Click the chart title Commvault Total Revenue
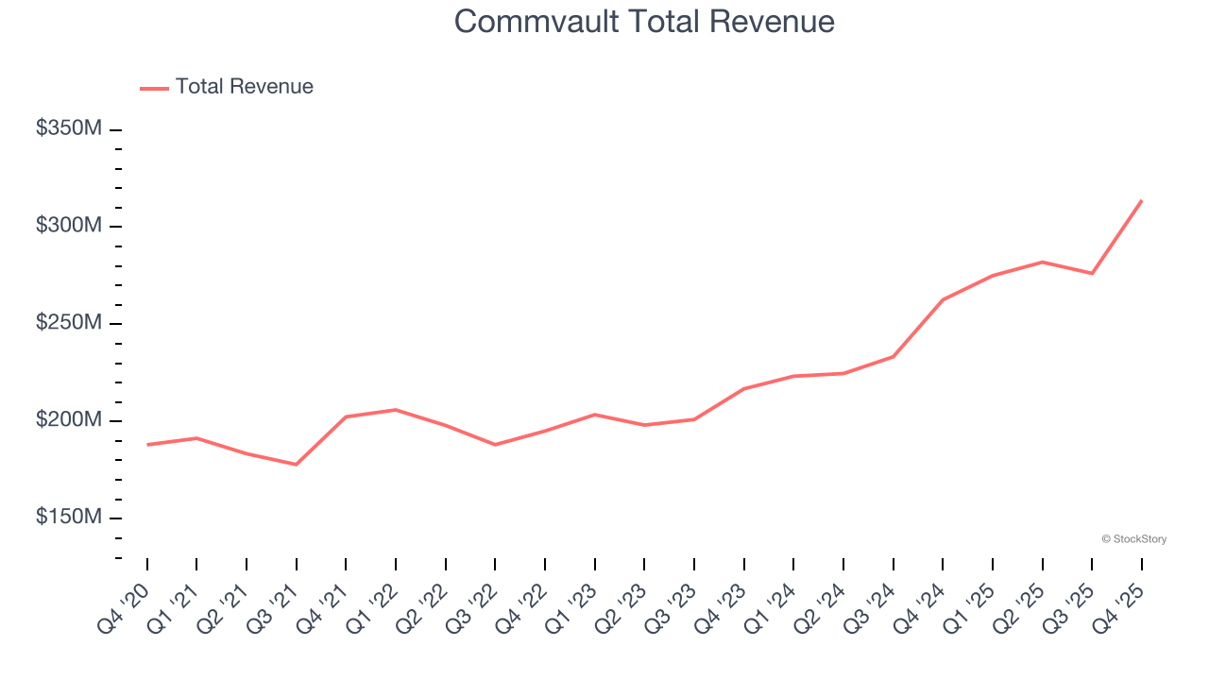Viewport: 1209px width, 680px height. (644, 21)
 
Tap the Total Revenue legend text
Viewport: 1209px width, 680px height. (244, 87)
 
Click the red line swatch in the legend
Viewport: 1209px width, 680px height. (154, 88)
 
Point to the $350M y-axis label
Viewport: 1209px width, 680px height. (68, 128)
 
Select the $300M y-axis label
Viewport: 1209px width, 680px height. (68, 226)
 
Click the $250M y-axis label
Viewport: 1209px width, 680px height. (68, 323)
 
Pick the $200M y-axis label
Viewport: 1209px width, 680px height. (68, 420)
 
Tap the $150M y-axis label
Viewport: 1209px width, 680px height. (68, 518)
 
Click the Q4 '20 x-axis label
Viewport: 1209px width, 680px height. (123, 606)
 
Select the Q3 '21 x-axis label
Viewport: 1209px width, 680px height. (272, 606)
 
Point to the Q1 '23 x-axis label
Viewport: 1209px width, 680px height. (570, 606)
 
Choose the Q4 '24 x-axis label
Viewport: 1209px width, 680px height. (918, 606)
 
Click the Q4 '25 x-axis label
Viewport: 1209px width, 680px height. (1117, 606)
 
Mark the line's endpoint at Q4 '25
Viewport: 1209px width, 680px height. (1142, 200)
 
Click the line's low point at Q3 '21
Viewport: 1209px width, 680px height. (297, 465)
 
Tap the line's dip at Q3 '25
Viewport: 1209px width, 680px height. (1092, 274)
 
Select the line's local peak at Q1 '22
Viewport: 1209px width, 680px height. (396, 410)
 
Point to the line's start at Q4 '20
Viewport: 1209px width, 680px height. (147, 445)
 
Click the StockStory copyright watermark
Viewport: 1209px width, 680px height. (1133, 539)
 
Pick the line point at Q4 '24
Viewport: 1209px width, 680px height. (943, 299)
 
